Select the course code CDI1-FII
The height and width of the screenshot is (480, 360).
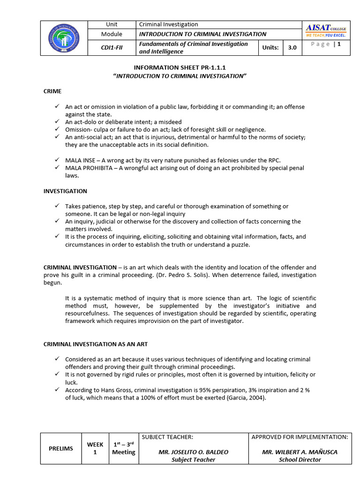pos(112,48)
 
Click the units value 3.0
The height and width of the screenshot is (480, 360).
pos(292,48)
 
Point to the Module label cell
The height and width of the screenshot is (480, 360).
pos(112,34)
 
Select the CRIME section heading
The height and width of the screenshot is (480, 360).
pos(52,91)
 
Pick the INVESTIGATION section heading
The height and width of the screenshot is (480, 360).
pos(65,191)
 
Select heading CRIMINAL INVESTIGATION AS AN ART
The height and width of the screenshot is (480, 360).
pos(96,344)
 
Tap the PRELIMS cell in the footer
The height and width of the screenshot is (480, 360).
pos(61,449)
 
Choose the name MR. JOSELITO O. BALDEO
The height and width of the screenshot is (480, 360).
pos(193,452)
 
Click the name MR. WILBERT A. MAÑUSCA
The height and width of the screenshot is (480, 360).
pos(300,452)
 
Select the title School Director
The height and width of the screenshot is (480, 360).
pos(300,459)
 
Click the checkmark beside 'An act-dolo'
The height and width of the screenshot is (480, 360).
pos(56,122)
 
